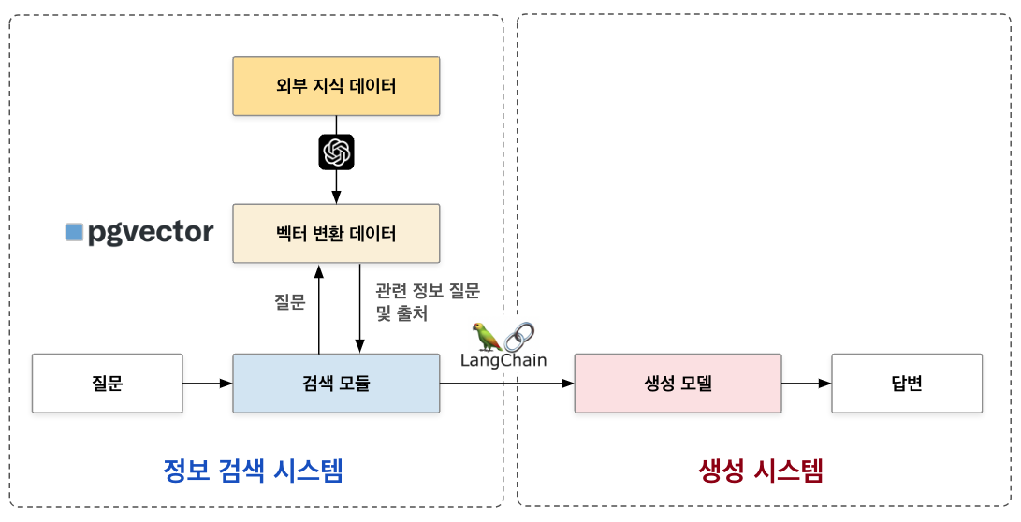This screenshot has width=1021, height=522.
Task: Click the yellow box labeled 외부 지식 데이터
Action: [x=336, y=87]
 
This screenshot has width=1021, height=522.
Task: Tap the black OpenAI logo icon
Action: [x=336, y=152]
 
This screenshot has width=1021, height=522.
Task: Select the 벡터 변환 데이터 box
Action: [x=336, y=233]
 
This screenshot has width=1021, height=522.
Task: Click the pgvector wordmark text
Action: [x=151, y=232]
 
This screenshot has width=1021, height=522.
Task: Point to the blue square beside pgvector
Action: [x=75, y=232]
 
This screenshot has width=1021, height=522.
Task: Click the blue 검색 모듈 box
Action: [x=336, y=383]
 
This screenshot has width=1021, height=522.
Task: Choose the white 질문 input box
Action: [x=107, y=383]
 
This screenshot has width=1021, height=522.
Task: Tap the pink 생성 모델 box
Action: [x=678, y=383]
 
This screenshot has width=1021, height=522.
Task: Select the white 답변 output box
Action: [x=907, y=383]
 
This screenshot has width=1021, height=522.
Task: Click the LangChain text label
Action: [x=503, y=360]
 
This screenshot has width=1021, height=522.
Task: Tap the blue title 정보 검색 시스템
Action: [x=253, y=471]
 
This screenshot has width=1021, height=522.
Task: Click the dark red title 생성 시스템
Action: [x=761, y=471]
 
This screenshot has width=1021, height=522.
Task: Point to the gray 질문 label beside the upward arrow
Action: [x=289, y=301]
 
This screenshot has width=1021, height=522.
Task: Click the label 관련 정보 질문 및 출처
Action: [x=427, y=301]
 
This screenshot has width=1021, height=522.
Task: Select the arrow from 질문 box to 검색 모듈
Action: [x=207, y=383]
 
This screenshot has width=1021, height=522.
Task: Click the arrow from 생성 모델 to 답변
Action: [x=806, y=383]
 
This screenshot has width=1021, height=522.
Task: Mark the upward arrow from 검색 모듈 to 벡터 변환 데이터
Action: [x=318, y=309]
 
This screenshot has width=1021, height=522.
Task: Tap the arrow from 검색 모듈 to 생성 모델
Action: [x=506, y=383]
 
